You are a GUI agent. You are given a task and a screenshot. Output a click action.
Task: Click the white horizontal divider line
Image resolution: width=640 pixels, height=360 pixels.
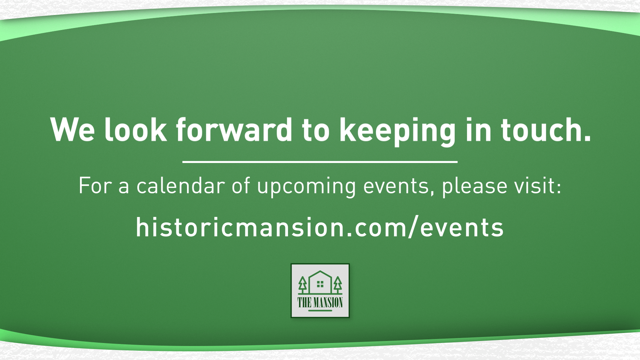coord(320,162)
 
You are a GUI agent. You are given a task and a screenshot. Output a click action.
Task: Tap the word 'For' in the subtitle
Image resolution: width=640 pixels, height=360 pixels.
coord(94,186)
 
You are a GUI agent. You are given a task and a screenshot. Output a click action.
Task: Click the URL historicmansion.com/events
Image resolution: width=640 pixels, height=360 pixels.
coord(320,227)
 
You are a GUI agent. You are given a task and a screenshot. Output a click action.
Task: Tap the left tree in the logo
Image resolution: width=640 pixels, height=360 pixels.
coord(303,284)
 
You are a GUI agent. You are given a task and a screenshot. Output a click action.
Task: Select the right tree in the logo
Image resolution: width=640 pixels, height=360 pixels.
coord(338,284)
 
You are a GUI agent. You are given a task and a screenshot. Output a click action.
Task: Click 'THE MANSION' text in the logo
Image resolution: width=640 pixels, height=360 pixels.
coord(320,302)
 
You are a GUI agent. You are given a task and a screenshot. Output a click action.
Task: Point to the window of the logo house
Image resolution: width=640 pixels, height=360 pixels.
coord(320,284)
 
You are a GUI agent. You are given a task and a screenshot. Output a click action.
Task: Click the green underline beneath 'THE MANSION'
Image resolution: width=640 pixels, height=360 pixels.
coord(320,311)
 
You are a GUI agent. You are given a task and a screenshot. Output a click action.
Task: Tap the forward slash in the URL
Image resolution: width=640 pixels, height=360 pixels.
coord(413,227)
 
